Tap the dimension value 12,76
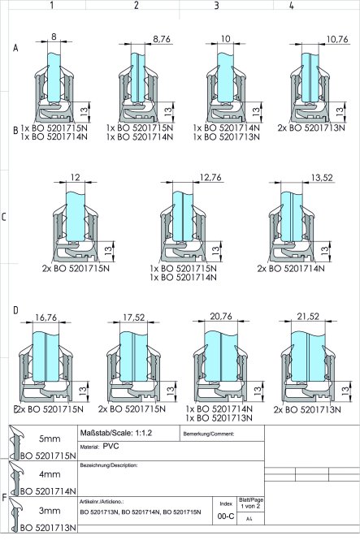(210, 177)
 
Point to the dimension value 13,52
(312, 178)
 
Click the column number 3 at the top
(216, 6)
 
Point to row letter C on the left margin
(5, 217)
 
